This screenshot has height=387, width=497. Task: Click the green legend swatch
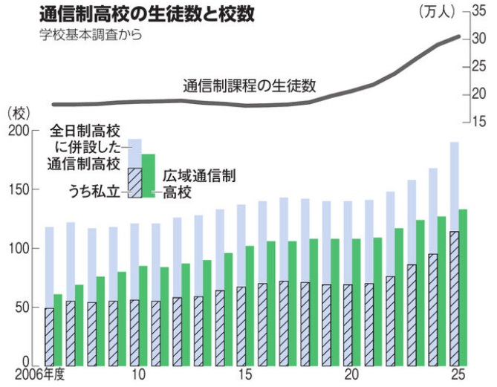click(x=148, y=175)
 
